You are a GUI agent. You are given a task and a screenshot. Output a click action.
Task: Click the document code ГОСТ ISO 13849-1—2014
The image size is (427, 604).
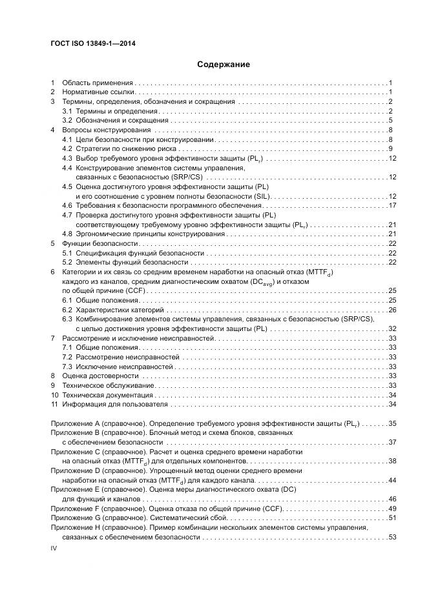click(93, 44)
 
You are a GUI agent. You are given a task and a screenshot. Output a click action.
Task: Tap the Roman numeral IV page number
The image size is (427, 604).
click(54, 547)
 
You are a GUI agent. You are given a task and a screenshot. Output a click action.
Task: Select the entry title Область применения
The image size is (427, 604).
click(98, 83)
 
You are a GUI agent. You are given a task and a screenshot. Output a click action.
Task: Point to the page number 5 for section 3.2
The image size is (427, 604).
click(391, 121)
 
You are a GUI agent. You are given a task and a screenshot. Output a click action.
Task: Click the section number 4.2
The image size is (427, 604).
click(67, 149)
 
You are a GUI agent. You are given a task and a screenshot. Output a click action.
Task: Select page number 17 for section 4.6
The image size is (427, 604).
click(391, 205)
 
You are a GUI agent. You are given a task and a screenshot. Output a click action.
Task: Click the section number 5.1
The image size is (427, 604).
click(67, 254)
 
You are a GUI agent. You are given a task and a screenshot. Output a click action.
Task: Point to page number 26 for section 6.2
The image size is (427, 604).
click(391, 310)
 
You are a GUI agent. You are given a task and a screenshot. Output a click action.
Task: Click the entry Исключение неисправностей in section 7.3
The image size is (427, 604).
click(116, 367)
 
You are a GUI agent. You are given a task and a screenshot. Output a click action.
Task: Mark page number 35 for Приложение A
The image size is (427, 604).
click(391, 424)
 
